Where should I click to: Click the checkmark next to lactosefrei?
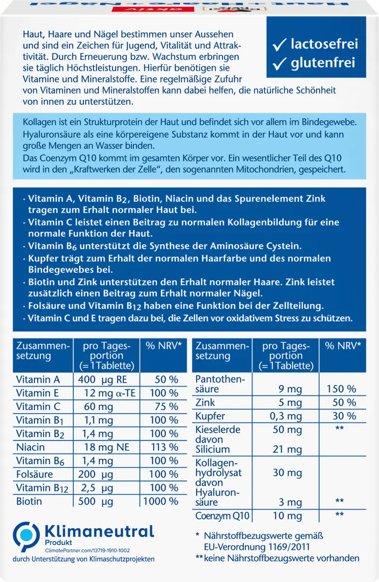[280, 45]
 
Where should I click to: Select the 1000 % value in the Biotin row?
[161, 501]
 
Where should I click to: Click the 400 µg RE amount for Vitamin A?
[102, 379]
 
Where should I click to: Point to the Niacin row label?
[30, 447]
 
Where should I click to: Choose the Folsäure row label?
[34, 474]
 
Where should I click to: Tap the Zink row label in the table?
[205, 403]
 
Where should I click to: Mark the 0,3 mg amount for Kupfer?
[288, 416]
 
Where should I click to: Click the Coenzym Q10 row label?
[222, 516]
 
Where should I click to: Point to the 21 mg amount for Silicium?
[288, 450]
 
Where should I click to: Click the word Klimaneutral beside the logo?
[99, 532]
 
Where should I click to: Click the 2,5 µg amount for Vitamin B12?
[97, 488]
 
